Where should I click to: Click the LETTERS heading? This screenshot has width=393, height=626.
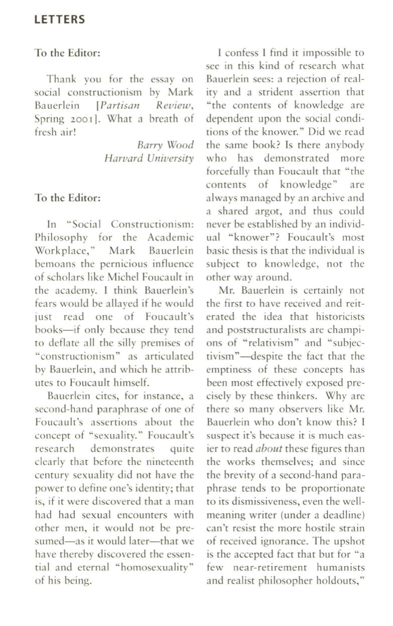pos(60,20)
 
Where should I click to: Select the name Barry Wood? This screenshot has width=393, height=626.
pos(165,145)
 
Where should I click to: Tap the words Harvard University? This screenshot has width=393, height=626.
pos(149,158)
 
